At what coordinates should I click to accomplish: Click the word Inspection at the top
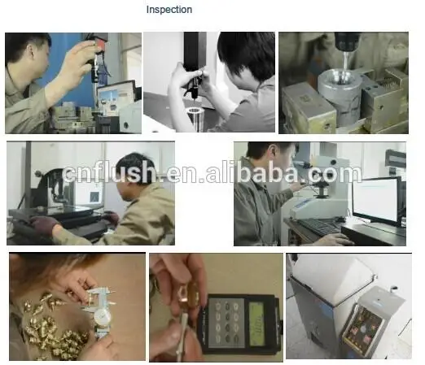tap(169, 10)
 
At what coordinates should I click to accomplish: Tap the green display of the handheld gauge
tap(256, 324)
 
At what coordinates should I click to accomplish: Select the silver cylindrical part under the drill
tap(340, 95)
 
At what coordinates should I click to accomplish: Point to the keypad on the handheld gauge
tap(227, 322)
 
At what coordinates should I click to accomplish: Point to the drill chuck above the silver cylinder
tap(347, 42)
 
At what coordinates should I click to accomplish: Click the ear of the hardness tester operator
tap(273, 155)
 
